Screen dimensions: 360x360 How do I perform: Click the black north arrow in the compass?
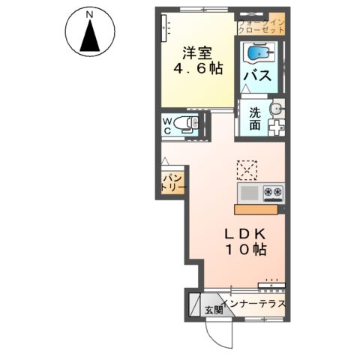(x=89, y=37)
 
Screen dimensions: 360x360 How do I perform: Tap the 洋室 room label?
(x=198, y=53)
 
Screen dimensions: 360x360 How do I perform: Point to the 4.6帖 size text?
(x=198, y=69)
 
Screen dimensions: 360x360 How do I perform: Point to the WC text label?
(x=168, y=125)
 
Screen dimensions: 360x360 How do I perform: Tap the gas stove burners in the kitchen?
(x=273, y=193)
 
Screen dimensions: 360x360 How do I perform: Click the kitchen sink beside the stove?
(x=250, y=193)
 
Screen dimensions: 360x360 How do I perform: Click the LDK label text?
(x=242, y=232)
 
